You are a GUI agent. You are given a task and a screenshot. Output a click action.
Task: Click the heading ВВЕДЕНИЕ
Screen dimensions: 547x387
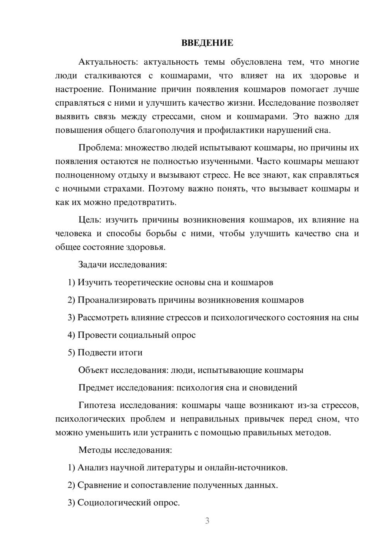(x=207, y=43)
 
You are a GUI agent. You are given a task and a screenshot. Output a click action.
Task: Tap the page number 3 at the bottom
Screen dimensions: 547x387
(x=207, y=521)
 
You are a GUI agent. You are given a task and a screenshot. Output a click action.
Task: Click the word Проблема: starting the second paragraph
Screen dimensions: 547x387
(x=99, y=148)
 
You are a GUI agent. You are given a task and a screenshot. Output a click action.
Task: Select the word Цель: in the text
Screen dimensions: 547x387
(x=90, y=220)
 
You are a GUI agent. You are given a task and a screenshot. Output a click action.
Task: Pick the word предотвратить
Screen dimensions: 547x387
(x=146, y=202)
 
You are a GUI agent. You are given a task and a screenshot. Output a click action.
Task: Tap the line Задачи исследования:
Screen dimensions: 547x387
(x=123, y=265)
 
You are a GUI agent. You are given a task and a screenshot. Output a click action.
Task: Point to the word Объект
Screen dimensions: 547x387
(x=93, y=370)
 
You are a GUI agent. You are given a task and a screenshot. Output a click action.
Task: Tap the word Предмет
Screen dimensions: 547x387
(x=96, y=388)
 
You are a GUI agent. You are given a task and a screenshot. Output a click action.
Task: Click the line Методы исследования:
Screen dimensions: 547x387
(x=125, y=450)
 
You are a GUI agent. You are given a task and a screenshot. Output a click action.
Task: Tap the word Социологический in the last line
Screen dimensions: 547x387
(x=114, y=503)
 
